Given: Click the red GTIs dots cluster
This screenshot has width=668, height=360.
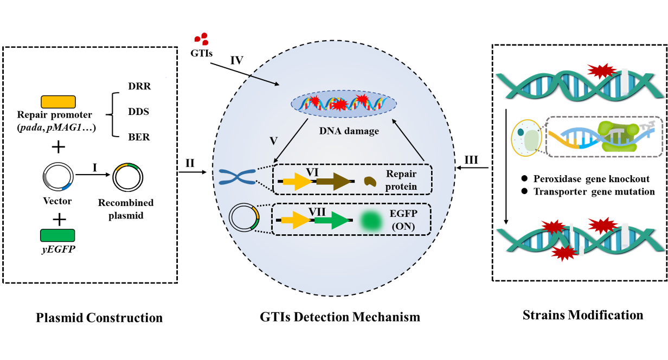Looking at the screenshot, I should tap(201, 38).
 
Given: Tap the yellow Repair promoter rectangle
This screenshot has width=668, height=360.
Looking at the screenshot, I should tap(58, 101).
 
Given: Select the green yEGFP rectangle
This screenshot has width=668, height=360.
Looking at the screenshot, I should tap(57, 235).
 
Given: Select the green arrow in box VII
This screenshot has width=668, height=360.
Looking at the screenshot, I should tap(331, 220).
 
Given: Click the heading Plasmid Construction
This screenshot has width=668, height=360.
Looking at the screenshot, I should tap(99, 317).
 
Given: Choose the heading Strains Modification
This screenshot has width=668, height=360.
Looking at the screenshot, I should tap(583, 315).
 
